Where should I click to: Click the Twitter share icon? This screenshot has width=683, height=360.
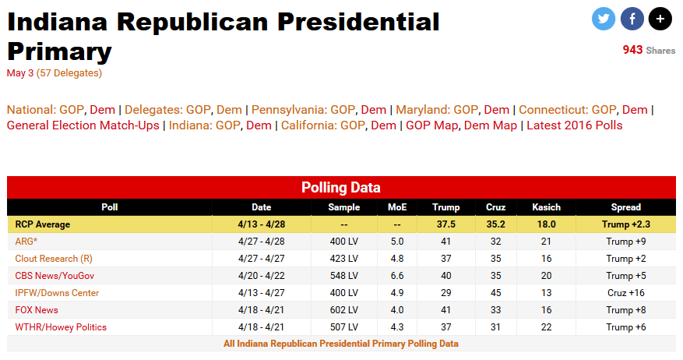[x=604, y=19]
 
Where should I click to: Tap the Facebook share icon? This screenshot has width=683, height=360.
[x=632, y=19]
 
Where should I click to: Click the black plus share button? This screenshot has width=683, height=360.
[x=660, y=19]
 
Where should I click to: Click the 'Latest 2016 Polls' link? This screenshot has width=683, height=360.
[x=575, y=125]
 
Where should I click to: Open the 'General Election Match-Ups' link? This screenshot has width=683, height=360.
[x=83, y=125]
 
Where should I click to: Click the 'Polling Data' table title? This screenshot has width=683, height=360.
[x=341, y=188]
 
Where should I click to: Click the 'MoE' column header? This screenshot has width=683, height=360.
[x=397, y=207]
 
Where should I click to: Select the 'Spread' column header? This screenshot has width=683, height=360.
[x=625, y=207]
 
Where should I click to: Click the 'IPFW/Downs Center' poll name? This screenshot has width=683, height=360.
[x=57, y=293]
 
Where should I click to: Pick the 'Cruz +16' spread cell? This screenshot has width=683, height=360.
[x=625, y=293]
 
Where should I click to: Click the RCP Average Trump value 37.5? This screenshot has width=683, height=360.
[x=446, y=224]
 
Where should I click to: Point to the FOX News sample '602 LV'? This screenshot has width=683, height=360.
[x=343, y=310]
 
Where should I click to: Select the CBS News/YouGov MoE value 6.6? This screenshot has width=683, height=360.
[x=397, y=276]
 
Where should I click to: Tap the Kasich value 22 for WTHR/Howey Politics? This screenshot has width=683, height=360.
[x=545, y=327]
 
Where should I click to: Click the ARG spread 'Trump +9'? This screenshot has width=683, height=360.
[x=625, y=242]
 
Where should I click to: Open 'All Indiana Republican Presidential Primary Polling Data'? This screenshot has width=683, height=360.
[x=341, y=344]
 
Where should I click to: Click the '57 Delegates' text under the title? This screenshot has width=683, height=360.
[x=69, y=73]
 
